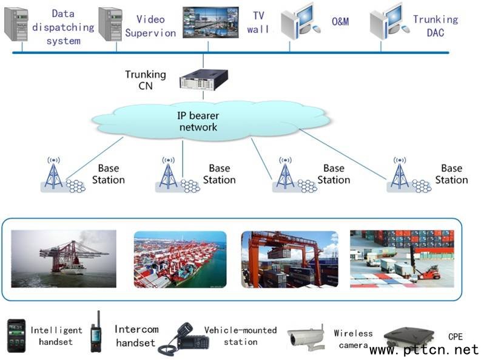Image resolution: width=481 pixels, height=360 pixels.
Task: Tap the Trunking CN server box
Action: (x=203, y=80)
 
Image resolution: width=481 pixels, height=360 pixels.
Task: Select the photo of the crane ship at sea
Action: (x=64, y=259)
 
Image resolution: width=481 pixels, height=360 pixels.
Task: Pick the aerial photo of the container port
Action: (x=180, y=259)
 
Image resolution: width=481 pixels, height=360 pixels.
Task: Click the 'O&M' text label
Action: (x=340, y=22)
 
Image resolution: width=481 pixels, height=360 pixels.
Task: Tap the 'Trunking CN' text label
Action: (x=145, y=80)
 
